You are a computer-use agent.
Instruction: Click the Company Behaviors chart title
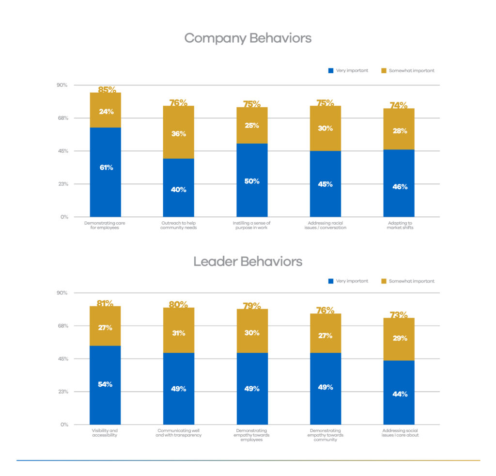click(248, 38)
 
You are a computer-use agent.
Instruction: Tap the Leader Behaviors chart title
click(248, 262)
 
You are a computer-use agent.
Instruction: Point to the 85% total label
click(107, 90)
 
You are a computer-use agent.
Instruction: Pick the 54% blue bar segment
click(105, 385)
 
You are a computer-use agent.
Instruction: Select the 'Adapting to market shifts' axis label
click(400, 225)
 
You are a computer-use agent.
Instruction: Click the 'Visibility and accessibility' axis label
click(105, 433)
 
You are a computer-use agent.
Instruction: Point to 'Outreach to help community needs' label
click(178, 225)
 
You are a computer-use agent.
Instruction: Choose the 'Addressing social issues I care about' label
click(400, 433)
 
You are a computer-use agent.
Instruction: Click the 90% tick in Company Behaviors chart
click(62, 85)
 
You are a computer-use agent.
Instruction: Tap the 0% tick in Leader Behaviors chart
click(64, 425)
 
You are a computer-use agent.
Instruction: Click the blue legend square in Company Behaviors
click(331, 71)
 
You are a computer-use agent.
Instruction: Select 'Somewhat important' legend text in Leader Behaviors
click(411, 281)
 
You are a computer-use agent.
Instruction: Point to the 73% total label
click(399, 315)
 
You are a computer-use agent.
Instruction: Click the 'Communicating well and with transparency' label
click(178, 433)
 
